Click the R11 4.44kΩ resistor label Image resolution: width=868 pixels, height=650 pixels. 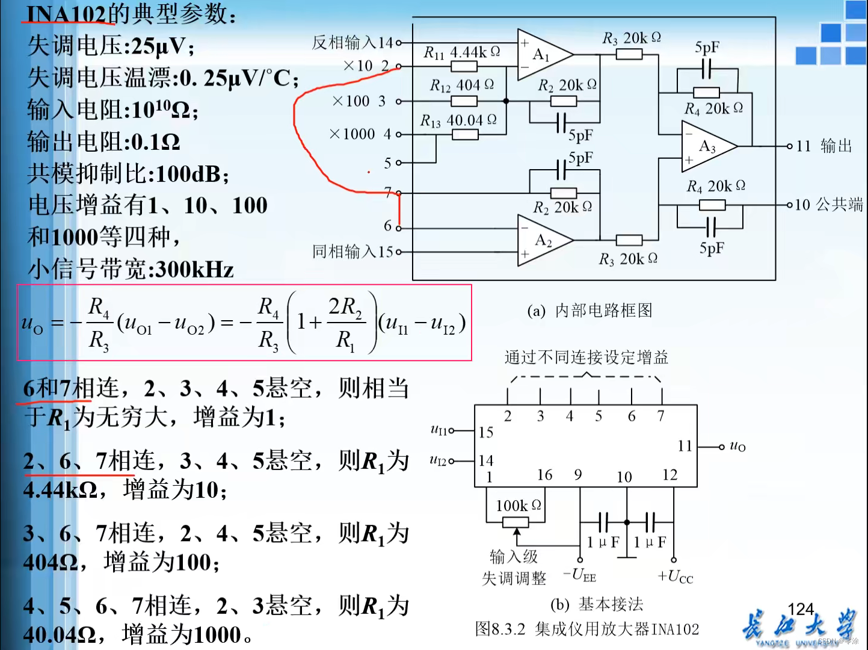pyautogui.click(x=461, y=52)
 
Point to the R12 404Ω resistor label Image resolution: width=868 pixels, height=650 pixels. pyautogui.click(x=461, y=85)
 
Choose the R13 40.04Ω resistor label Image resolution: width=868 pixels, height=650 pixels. pyautogui.click(x=458, y=120)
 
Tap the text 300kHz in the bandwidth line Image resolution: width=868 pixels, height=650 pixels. pyautogui.click(x=194, y=269)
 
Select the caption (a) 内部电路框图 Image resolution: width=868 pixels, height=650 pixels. pyautogui.click(x=589, y=311)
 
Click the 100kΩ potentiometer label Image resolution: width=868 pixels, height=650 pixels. pyautogui.click(x=518, y=506)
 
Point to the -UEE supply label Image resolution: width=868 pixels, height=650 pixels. pyautogui.click(x=580, y=575)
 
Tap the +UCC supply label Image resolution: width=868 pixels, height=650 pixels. pyautogui.click(x=676, y=577)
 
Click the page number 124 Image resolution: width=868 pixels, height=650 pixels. pyautogui.click(x=800, y=609)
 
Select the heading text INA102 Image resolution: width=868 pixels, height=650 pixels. pyautogui.click(x=67, y=13)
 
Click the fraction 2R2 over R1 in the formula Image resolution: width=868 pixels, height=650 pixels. pyautogui.click(x=345, y=323)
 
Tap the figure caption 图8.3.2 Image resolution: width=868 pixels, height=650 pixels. pyautogui.click(x=500, y=629)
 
